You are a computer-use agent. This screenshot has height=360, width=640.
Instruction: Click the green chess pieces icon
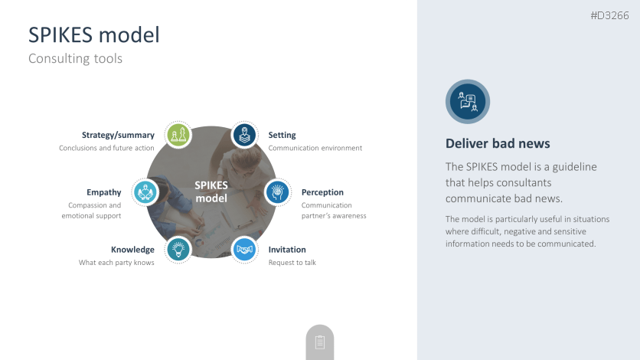[x=178, y=135]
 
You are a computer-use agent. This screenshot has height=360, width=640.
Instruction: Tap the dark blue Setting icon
[x=244, y=135]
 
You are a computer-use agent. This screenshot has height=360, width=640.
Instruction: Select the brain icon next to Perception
[x=278, y=192]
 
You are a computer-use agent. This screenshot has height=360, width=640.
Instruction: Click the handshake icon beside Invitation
[x=244, y=250]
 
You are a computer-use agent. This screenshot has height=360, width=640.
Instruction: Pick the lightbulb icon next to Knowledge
[x=178, y=250]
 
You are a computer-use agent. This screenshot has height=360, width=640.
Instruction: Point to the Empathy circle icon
[x=145, y=192]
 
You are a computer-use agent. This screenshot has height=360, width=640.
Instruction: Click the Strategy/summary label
[x=118, y=135]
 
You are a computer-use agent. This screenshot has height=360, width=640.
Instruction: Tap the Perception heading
[x=322, y=192]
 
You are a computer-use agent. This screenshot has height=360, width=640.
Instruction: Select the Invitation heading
[x=287, y=250]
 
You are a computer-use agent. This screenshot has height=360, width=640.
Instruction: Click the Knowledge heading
[x=132, y=250]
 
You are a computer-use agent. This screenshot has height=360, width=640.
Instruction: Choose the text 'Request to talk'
[x=292, y=263]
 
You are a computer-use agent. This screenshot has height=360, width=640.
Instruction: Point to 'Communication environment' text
[x=315, y=148]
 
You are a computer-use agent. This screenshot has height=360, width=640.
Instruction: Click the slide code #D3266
[x=609, y=15]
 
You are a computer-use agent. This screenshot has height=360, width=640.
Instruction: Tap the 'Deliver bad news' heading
[x=498, y=143]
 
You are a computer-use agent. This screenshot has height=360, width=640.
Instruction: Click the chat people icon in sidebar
[x=468, y=102]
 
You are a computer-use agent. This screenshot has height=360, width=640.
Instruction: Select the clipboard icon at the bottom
[x=320, y=342]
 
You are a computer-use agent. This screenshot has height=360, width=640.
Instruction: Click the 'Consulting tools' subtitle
[x=76, y=58]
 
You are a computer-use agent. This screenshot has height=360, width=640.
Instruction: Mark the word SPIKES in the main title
[x=60, y=34]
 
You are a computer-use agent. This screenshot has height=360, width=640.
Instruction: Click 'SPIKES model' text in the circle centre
[x=211, y=191]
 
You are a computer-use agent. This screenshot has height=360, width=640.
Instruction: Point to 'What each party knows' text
[x=116, y=263]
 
